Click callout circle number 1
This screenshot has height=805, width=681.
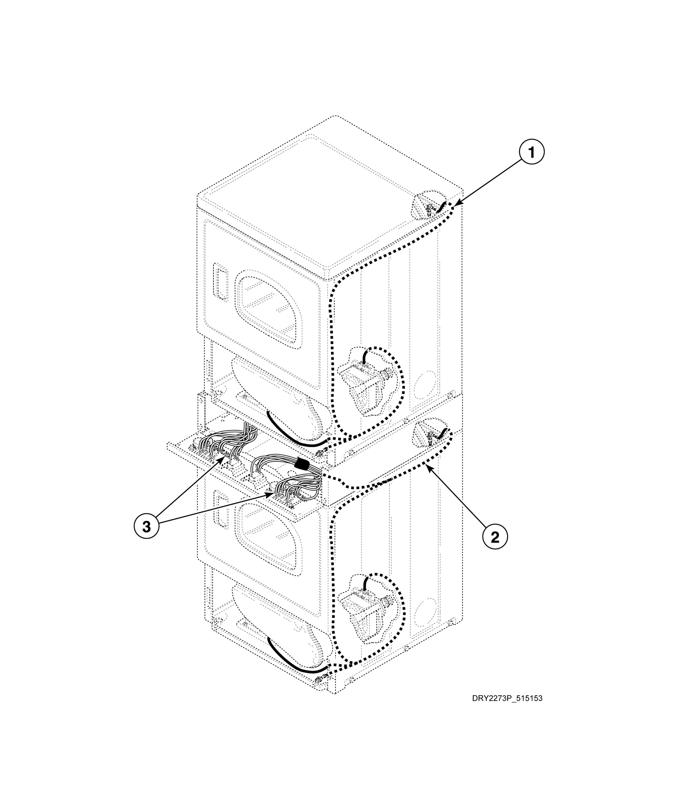pos(531,153)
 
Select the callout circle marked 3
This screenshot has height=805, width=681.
pos(147,526)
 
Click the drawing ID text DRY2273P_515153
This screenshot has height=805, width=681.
pos(507,710)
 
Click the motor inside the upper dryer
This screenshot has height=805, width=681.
pos(362,382)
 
